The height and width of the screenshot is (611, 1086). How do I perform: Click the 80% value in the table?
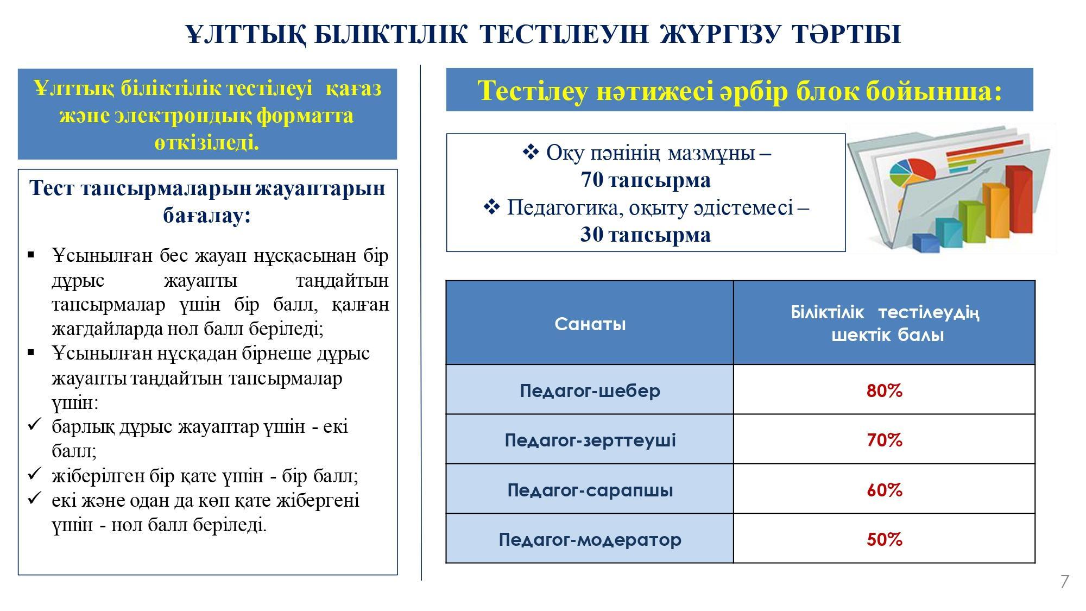[884, 390]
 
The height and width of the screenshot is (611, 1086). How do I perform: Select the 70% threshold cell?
[884, 439]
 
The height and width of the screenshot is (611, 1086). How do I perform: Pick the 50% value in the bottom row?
[884, 539]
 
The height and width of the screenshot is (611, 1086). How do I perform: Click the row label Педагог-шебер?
[590, 390]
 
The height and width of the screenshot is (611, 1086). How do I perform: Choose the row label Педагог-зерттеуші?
[590, 439]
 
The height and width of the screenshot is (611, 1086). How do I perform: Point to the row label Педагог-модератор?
[590, 539]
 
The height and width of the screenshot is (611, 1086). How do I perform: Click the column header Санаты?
[590, 324]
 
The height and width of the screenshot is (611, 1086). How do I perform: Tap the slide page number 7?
[1064, 582]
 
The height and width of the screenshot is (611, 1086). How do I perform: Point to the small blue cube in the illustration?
[926, 243]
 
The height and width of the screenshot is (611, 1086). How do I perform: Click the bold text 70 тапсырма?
[646, 180]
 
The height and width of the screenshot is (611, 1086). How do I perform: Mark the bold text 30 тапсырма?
[646, 235]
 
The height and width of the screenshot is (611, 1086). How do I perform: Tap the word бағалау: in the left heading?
[207, 216]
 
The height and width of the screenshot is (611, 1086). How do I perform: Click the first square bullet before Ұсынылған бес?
[31, 254]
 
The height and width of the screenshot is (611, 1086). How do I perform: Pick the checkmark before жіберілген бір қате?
[34, 474]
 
